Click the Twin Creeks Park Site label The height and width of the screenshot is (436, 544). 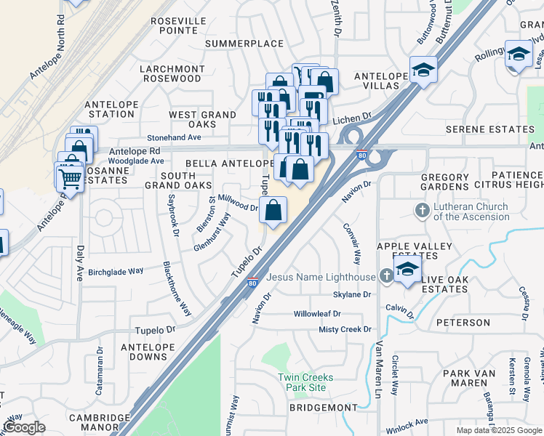pyautogui.click(x=305, y=382)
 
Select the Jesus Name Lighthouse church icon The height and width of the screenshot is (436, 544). pyautogui.click(x=385, y=276)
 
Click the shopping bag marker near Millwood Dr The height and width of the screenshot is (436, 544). pyautogui.click(x=273, y=211)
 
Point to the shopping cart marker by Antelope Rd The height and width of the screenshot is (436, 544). pyautogui.click(x=69, y=177)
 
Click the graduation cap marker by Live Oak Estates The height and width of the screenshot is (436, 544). pyautogui.click(x=408, y=270)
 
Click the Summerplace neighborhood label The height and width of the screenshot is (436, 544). pyautogui.click(x=244, y=44)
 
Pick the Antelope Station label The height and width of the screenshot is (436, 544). pyautogui.click(x=111, y=109)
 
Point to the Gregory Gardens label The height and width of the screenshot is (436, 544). pyautogui.click(x=444, y=182)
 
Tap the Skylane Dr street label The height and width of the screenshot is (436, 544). pyautogui.click(x=352, y=295)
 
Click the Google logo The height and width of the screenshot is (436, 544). pyautogui.click(x=23, y=427)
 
